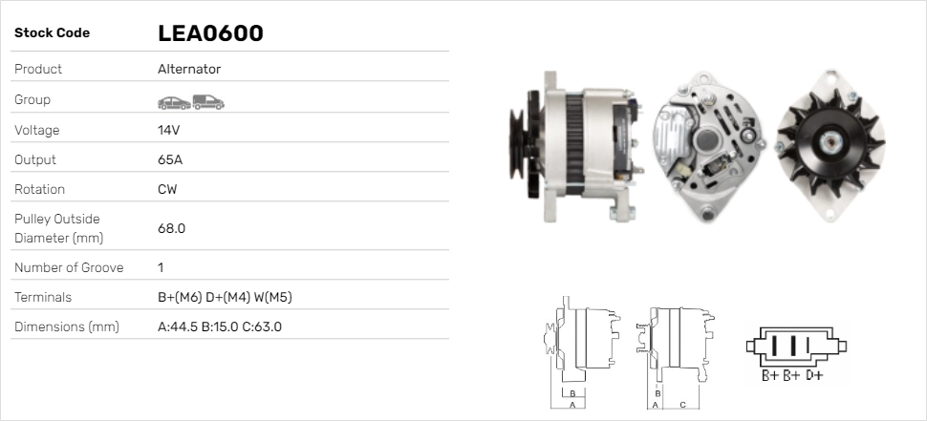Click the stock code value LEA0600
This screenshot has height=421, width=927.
210,33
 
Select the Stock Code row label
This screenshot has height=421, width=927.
52,33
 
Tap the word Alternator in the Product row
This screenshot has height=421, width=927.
189,70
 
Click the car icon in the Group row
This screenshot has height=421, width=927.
173,101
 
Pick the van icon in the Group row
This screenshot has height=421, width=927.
207,101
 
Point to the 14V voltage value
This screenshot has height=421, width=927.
169,130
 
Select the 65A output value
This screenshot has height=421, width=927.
170,159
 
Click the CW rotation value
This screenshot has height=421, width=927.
167,189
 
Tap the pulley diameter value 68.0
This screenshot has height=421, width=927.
172,228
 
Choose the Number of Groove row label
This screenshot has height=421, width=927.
69,267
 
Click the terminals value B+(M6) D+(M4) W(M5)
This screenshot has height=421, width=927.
225,297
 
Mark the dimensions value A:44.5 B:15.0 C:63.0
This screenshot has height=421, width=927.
220,326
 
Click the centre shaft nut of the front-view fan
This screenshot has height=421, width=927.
830,143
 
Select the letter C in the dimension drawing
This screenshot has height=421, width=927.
682,404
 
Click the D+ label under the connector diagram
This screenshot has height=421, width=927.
813,375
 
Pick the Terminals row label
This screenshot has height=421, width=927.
43,297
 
